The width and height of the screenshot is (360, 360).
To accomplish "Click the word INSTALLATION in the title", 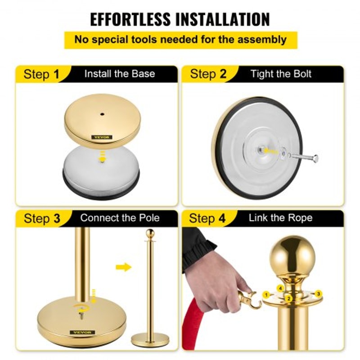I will (222, 19).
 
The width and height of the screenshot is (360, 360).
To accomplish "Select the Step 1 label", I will (41, 74).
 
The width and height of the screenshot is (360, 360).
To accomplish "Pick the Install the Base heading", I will (120, 74).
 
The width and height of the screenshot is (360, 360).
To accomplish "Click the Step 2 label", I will (208, 74).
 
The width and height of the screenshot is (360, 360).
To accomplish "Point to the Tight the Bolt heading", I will (281, 74).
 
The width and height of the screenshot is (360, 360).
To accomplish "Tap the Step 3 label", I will (41, 219).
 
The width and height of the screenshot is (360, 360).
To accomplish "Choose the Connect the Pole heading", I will (120, 219).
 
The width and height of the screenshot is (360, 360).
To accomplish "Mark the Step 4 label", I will (207, 219).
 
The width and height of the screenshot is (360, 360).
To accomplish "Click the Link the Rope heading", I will (281, 219).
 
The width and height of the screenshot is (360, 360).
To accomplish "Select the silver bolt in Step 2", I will (304, 157).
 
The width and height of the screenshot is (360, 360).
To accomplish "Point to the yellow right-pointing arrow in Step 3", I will (123, 267).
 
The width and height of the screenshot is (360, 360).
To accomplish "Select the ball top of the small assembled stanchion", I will (151, 234).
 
